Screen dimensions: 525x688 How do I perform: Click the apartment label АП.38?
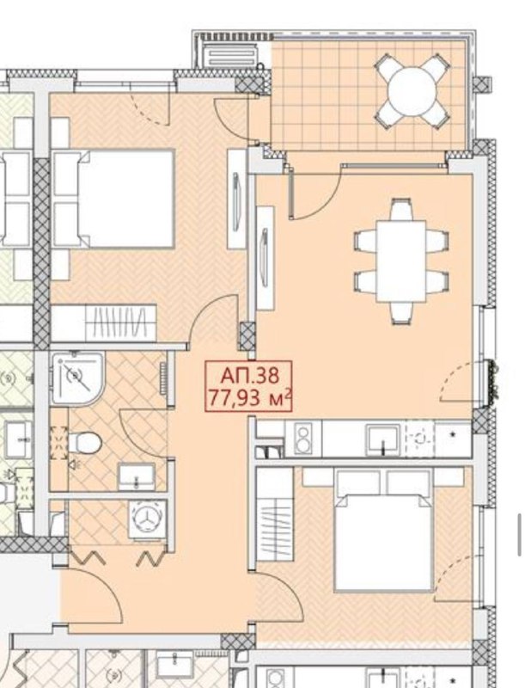pos(249,376)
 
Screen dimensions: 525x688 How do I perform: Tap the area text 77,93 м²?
pos(249,398)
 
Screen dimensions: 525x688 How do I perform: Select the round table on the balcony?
pos(412,91)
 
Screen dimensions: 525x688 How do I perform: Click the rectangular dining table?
pos(401,261)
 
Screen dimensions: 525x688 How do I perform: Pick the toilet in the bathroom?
pos(85,443)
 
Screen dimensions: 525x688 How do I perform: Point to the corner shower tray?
pos(77,378)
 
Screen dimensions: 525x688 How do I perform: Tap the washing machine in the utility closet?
pos(148,519)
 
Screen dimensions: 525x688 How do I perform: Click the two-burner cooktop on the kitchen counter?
pos(303,439)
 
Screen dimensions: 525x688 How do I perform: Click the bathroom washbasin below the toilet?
pos(137,476)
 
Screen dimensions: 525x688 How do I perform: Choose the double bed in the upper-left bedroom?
pos(114,199)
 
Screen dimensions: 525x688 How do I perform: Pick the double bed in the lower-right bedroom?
pos(383,531)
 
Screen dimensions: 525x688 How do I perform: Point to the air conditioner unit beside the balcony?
pos(231,56)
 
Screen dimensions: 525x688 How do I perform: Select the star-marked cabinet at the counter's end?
pos(452,439)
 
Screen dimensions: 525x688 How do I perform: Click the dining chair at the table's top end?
pos(401,210)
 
